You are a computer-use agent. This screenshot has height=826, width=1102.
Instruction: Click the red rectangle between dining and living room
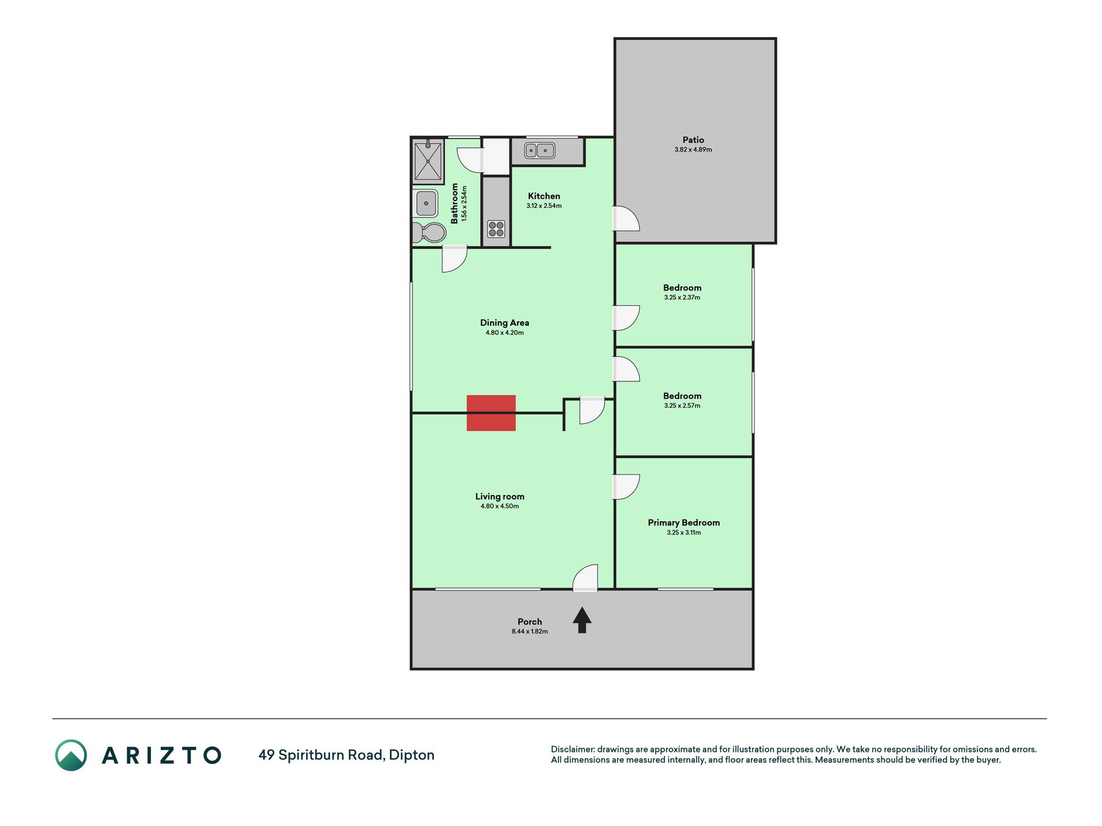point(491,413)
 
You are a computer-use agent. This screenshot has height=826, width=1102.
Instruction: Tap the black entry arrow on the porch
point(582,620)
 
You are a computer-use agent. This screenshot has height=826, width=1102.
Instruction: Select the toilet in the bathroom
point(429,232)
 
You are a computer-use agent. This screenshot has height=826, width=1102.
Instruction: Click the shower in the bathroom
point(428,161)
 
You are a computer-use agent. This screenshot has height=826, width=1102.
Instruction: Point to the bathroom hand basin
point(426,203)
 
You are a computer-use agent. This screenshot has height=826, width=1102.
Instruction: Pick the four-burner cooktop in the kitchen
point(496,229)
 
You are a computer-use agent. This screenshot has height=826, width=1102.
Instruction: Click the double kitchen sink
point(540,151)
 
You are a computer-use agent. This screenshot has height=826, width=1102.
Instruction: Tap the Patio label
point(693,139)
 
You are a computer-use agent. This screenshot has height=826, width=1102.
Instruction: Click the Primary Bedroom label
point(684,523)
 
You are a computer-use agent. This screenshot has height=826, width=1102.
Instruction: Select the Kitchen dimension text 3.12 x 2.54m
point(544,206)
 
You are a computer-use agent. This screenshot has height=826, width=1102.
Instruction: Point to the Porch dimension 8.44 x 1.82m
point(530,631)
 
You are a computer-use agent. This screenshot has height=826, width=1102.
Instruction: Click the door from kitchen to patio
point(626,219)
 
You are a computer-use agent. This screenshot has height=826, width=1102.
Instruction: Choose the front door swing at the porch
point(585,578)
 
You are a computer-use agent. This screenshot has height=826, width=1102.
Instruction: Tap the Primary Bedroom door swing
point(626,487)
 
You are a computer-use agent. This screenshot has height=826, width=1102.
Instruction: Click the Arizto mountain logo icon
point(71,755)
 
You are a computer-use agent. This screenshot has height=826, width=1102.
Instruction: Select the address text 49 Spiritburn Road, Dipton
point(347,755)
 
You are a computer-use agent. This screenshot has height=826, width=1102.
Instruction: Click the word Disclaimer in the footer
point(573,749)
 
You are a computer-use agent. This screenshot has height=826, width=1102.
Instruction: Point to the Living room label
point(500,496)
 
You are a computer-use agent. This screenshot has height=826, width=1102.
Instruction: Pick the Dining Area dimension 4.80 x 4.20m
point(505,333)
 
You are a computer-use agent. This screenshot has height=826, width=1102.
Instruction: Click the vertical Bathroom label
point(454,203)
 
